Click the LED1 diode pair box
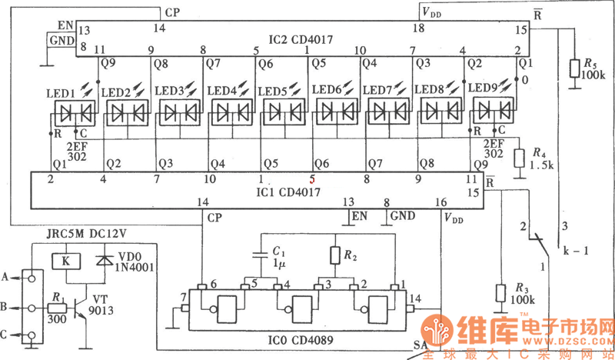(x=75, y=115)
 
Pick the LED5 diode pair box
(x=284, y=114)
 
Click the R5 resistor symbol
(x=573, y=68)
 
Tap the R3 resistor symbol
(x=500, y=294)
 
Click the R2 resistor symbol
(x=335, y=255)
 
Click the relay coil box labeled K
(x=65, y=261)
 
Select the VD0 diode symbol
(x=101, y=261)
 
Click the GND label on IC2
(x=61, y=40)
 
